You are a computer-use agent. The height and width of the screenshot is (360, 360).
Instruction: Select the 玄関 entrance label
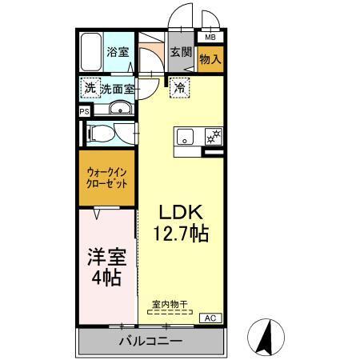[181, 53]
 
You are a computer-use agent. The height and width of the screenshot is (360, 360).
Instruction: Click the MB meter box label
[210, 37]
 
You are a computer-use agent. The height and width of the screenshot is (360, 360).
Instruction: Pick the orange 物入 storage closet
[210, 58]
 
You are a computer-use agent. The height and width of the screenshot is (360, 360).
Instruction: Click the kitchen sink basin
[186, 137]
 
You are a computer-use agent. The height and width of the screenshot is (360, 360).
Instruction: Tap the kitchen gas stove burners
[213, 137]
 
